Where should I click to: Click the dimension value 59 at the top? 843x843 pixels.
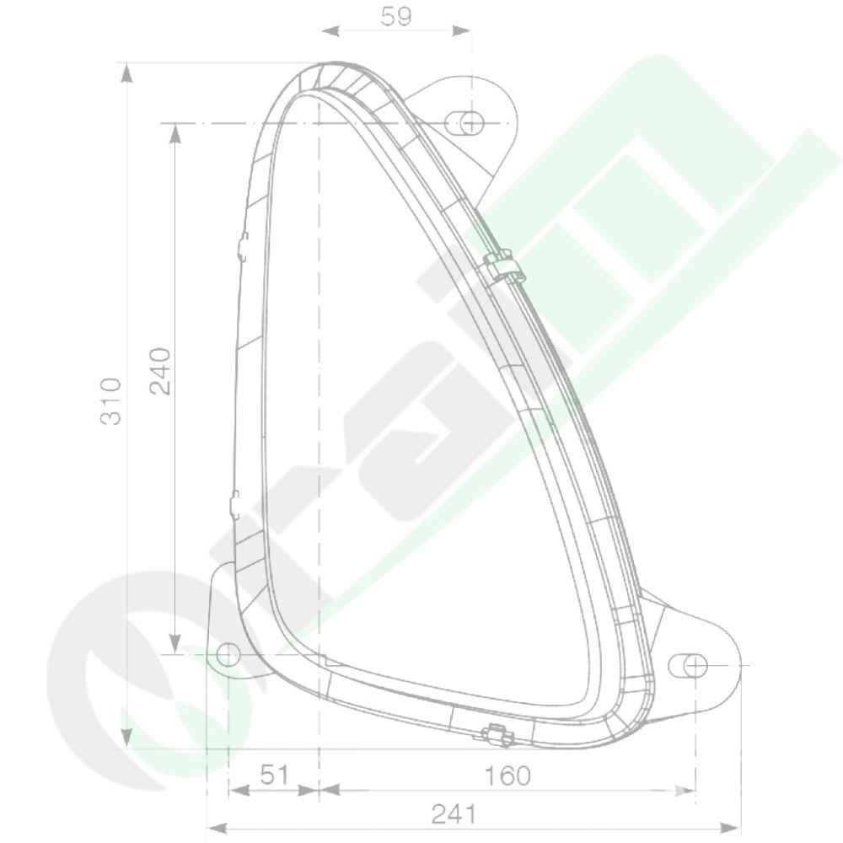[x=396, y=17]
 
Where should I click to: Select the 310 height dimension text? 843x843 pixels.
[x=111, y=401]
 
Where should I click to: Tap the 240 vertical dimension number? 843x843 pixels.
[x=159, y=372]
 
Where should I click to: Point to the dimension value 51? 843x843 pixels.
[x=274, y=776]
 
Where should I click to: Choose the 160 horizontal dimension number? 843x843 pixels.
[x=507, y=776]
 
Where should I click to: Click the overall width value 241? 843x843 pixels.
[x=454, y=815]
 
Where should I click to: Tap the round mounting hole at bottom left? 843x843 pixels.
[x=228, y=654]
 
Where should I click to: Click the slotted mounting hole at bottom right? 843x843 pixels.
[x=687, y=667]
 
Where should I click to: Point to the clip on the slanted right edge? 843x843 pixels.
[x=504, y=266]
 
